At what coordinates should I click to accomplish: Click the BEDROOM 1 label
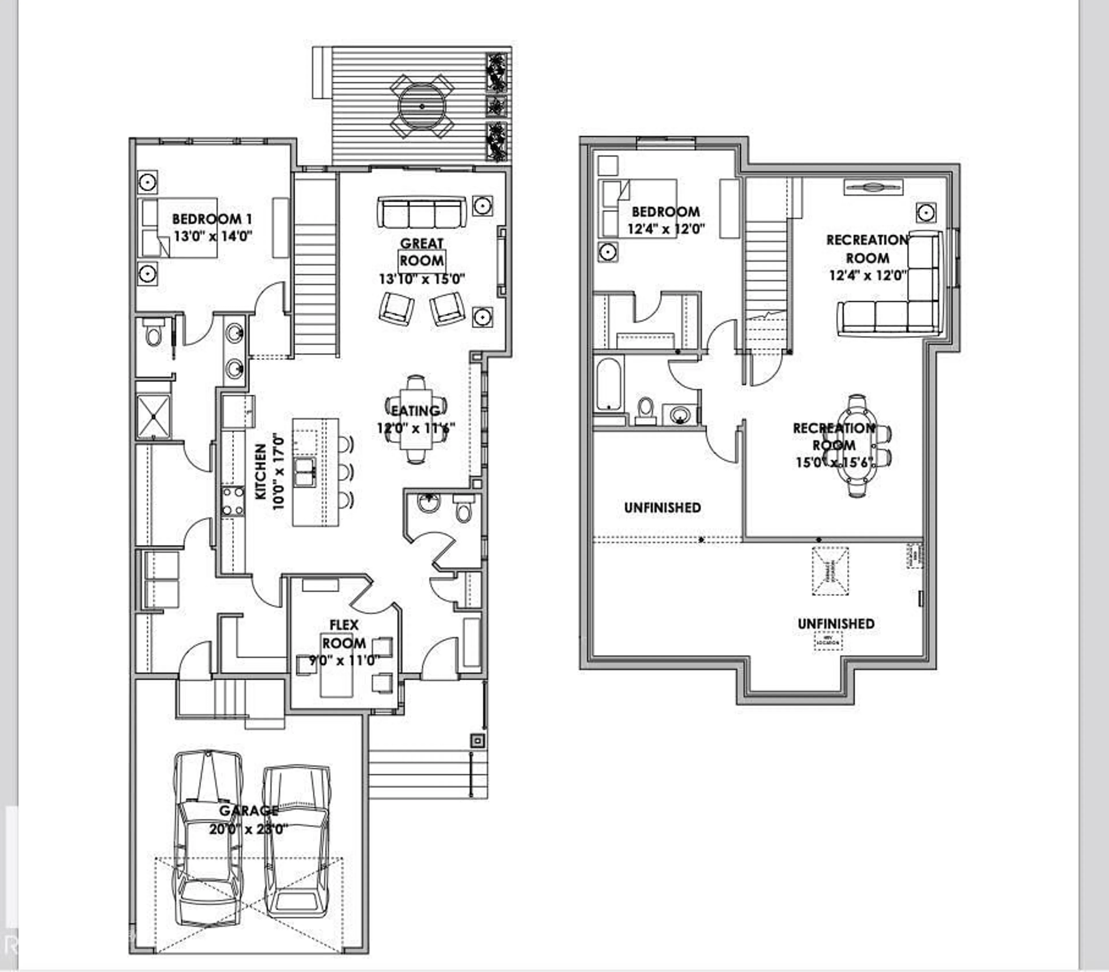212,219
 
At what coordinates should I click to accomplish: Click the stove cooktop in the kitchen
233,501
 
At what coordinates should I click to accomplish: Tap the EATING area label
416,411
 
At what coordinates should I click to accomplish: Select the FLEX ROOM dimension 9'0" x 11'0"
344,661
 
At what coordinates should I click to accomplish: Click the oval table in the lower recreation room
857,446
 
